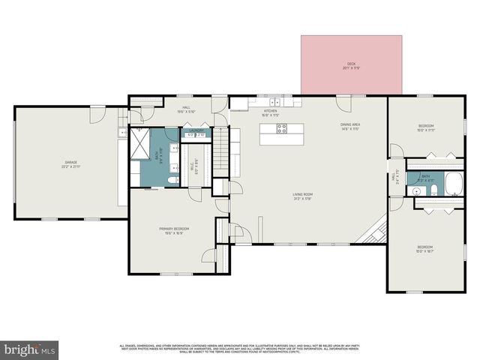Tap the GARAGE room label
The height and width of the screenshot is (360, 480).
pos(70,162)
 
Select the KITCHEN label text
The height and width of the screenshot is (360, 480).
pos(270,111)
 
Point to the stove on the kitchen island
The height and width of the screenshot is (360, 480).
pos(282,128)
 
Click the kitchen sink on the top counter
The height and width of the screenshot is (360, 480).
pos(275,102)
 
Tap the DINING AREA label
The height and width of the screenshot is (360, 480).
pos(350,124)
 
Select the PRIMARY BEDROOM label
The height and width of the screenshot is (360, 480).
pos(173,228)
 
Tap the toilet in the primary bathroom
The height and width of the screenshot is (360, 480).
pos(172,180)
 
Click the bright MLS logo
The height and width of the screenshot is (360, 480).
pos(30,350)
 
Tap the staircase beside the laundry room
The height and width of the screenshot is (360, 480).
pos(220,150)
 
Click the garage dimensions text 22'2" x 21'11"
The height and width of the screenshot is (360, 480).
pos(70,166)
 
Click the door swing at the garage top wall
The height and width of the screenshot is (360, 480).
pos(97,115)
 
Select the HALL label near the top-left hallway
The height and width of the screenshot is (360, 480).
pos(186,107)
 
